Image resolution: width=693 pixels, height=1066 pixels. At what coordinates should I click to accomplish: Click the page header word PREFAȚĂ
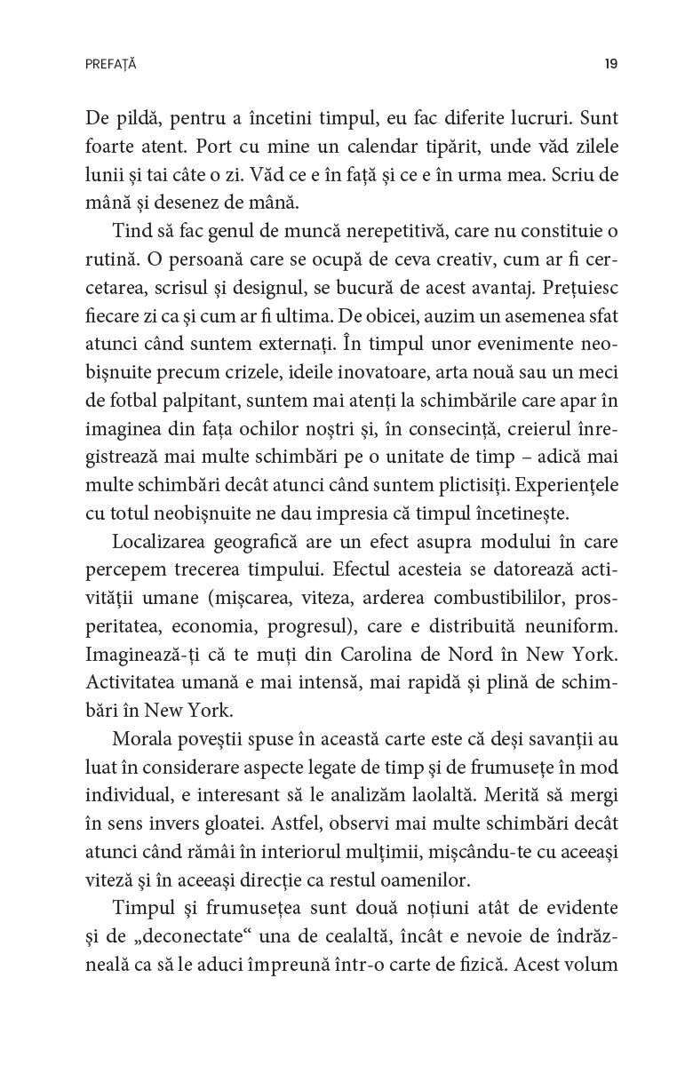[x=111, y=64]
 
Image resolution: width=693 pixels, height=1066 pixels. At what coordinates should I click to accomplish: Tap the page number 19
[x=610, y=64]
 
